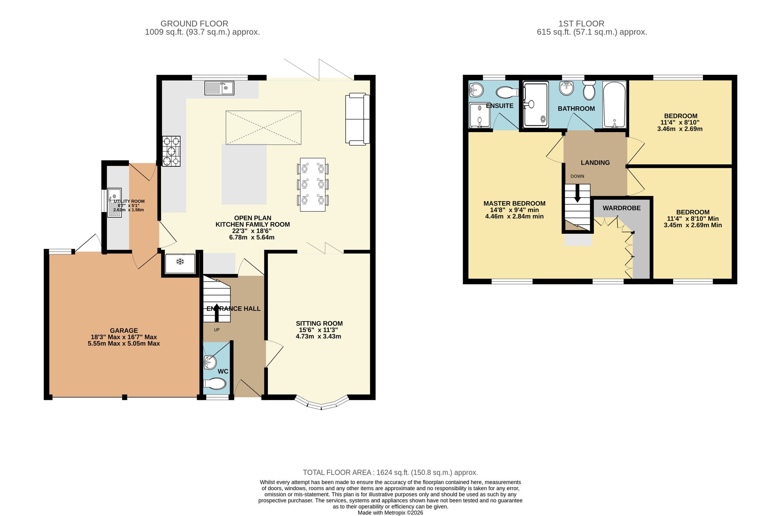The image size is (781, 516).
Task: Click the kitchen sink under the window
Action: click(219, 88)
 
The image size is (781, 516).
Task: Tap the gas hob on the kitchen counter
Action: click(171, 151)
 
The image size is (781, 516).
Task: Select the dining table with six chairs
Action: click(312, 184)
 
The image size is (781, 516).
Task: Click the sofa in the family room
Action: click(357, 119)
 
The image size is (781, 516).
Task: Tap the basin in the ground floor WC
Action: click(210, 362)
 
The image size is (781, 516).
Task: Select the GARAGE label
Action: click(124, 330)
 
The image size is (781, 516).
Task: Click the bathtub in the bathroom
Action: click(614, 104)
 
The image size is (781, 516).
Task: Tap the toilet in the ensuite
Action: click(506, 92)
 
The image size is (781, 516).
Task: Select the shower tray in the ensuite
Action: click(479, 116)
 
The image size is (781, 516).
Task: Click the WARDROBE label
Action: click(621, 208)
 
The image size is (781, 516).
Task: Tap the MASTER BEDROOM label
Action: click(514, 204)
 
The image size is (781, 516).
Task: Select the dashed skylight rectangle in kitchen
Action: click(263, 127)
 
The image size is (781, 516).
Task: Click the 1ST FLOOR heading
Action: click(581, 24)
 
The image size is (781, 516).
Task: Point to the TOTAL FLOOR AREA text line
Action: click(390, 472)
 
